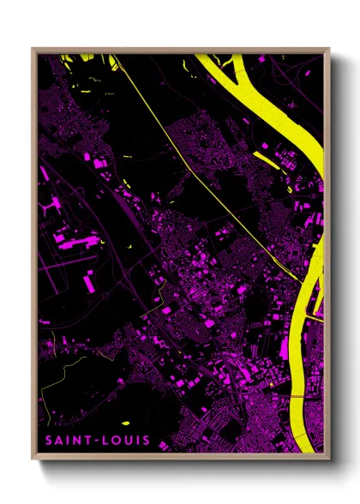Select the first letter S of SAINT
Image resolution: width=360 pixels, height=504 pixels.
point(50,441)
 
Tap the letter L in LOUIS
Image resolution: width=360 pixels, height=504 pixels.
point(106,441)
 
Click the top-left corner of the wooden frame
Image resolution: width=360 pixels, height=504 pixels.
point(33,49)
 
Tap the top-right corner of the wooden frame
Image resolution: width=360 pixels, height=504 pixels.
point(328,49)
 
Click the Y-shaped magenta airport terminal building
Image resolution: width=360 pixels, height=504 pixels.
point(61,207)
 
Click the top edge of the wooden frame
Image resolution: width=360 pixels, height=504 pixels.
point(180,50)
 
